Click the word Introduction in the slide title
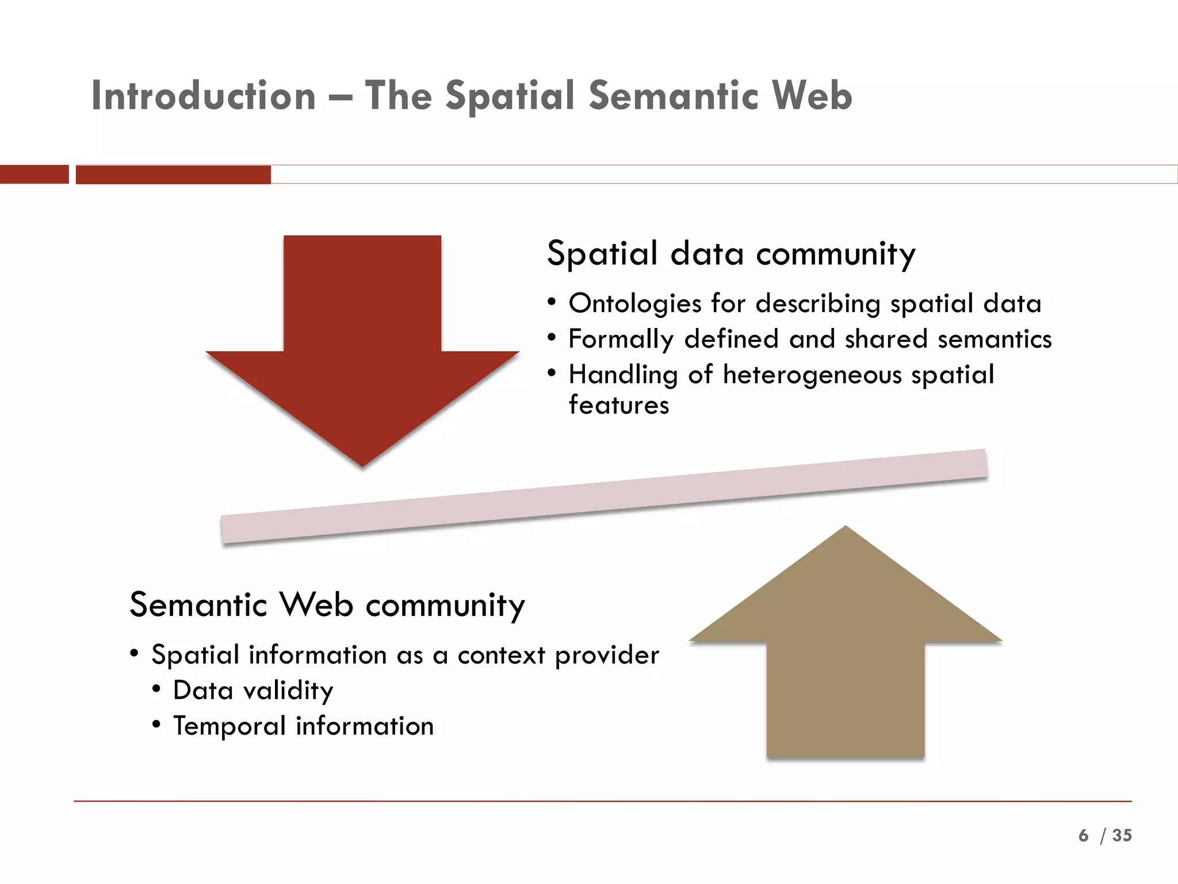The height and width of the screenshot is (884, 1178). (204, 96)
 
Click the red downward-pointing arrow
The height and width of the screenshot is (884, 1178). (362, 345)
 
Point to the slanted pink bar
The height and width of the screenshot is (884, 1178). (604, 496)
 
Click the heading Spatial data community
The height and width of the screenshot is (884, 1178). (730, 254)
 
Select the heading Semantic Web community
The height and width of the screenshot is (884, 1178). (327, 605)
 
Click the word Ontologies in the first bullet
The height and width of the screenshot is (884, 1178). (635, 303)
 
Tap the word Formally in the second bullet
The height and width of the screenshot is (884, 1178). (621, 339)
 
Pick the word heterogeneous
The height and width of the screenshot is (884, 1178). (812, 375)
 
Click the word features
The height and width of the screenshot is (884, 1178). (619, 405)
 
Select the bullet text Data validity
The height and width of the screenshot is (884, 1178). (253, 690)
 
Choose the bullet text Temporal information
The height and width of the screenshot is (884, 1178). (303, 726)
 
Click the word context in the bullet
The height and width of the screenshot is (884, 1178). (501, 655)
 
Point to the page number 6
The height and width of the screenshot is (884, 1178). (1084, 835)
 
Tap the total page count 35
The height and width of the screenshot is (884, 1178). (1122, 835)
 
